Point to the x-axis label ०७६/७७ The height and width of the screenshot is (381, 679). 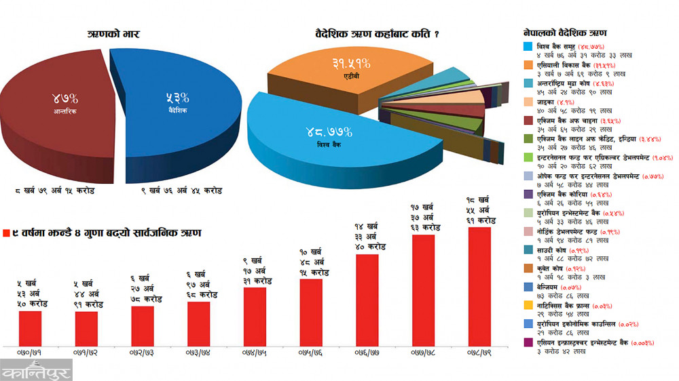(x=367, y=353)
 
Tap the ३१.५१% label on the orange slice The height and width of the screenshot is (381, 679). (x=351, y=64)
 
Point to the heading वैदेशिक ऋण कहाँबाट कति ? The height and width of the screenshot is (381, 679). (x=376, y=34)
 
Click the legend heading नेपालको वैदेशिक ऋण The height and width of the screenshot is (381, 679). (x=565, y=33)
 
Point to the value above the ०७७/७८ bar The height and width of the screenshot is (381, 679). (x=423, y=216)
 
